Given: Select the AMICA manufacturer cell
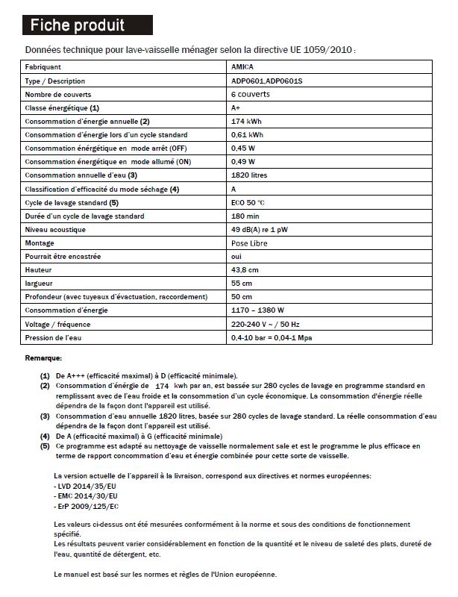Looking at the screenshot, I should (x=244, y=67).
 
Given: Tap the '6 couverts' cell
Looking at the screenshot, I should (x=251, y=94).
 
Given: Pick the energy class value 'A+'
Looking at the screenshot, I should (x=237, y=107).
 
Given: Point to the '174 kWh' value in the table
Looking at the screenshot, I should (x=247, y=121).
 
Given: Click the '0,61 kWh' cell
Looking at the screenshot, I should (x=249, y=134).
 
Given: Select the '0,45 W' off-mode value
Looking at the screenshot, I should (x=245, y=148).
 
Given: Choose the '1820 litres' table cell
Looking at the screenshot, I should (x=251, y=175).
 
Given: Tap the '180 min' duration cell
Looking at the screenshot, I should (x=246, y=216).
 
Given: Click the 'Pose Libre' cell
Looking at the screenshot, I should (x=250, y=243).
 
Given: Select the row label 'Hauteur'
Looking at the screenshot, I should (x=38, y=269).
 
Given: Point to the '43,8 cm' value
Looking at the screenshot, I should (x=245, y=269).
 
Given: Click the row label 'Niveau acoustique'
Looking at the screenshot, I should (x=55, y=229).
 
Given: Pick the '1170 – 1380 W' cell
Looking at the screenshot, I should (x=258, y=310).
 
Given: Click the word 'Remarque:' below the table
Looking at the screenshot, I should (x=43, y=358).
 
